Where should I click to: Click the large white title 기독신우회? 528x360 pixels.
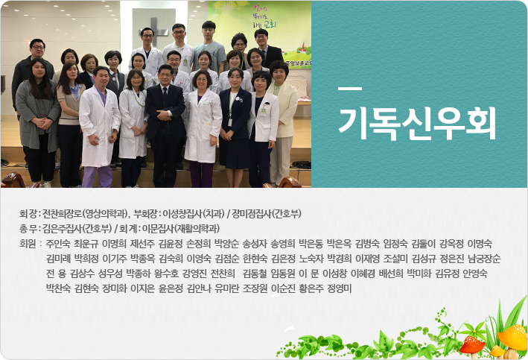(417, 124)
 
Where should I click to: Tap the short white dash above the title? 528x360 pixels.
(350, 89)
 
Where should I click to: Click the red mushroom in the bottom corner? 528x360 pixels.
(472, 344)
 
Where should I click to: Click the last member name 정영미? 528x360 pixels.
(340, 288)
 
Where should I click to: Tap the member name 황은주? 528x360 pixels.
(311, 288)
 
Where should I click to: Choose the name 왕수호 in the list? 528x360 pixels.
(166, 274)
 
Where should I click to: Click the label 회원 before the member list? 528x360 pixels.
(28, 244)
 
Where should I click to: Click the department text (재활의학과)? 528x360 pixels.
(197, 229)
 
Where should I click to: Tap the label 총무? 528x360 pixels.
(28, 229)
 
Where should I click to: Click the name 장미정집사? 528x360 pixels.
(251, 214)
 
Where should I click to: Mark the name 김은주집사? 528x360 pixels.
(63, 229)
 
